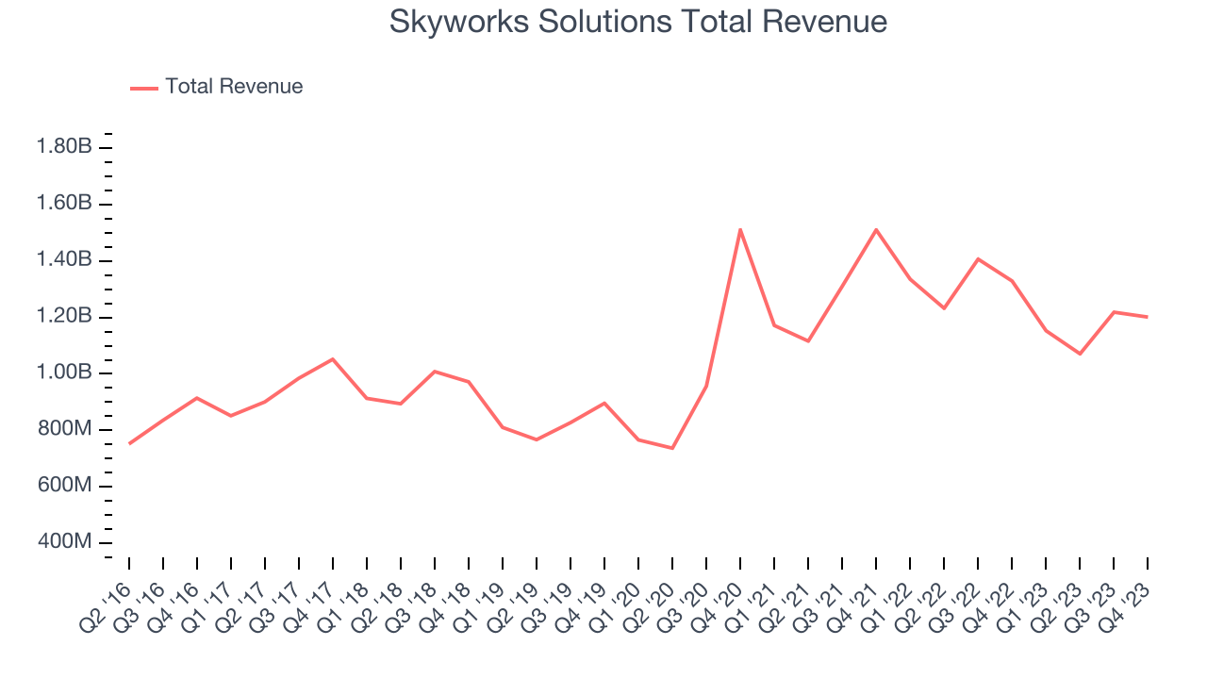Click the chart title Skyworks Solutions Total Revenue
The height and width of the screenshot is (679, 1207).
pos(637,22)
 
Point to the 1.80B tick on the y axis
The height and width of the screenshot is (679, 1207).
pos(63,147)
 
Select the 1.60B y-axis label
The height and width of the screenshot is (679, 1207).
pos(63,204)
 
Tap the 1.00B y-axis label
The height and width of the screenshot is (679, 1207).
pos(63,373)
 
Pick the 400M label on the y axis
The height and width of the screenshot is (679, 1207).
pos(63,542)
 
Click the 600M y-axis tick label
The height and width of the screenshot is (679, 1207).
pos(63,486)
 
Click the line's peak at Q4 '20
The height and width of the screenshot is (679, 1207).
pos(740,229)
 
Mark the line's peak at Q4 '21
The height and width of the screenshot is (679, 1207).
pos(876,229)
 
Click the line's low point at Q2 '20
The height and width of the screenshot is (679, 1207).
pos(672,448)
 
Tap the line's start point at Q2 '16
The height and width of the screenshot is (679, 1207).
pos(129,443)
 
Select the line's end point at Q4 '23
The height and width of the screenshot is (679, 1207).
pos(1148,317)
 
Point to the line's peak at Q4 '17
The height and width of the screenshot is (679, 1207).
pos(333,359)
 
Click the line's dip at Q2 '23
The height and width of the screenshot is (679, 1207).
pos(1080,354)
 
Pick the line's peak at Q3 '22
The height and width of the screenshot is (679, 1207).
pos(978,258)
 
